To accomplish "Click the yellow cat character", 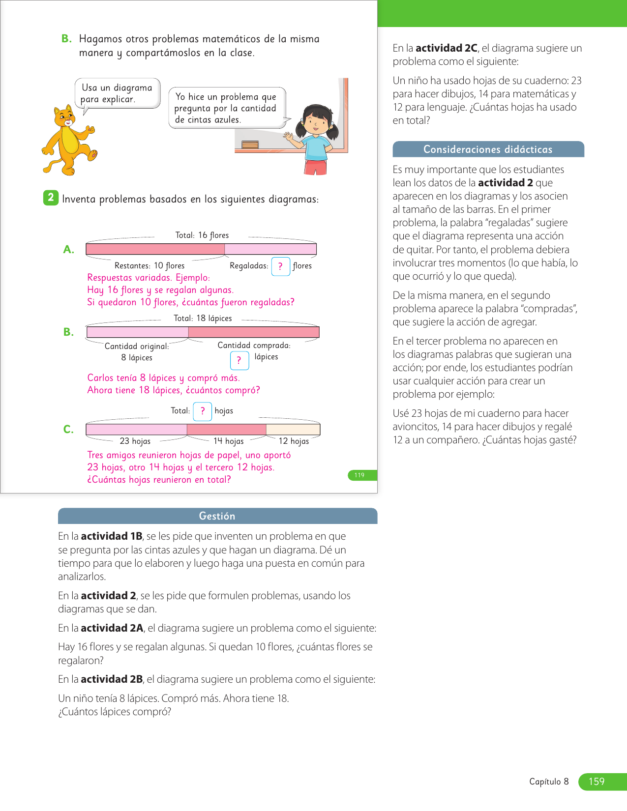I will pos(68,141).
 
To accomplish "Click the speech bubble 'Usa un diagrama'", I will pos(118,93).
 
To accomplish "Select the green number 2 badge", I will pos(51,198).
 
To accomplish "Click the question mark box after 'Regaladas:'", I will pos(280,266).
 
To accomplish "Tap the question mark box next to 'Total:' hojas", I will pos(202,411).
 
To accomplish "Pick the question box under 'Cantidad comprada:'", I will pos(239,360).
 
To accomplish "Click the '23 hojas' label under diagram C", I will pos(135,441).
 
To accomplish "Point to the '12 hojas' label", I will pos(294,441).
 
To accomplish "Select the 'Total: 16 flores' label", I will pos(202,235).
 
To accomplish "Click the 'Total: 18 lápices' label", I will pos(203,319).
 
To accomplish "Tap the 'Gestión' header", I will pos(217,516).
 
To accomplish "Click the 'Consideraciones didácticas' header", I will pos(488,149).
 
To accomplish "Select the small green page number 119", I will pos(360,475).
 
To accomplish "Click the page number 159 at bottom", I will pos(597,782).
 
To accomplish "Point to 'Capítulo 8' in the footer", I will pos(549,782).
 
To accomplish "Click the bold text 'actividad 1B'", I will pos(112,536).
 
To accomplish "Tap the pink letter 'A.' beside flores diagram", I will pos(69,250).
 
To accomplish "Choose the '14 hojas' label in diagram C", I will pos(228,441).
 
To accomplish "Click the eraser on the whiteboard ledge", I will pos(250,145).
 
